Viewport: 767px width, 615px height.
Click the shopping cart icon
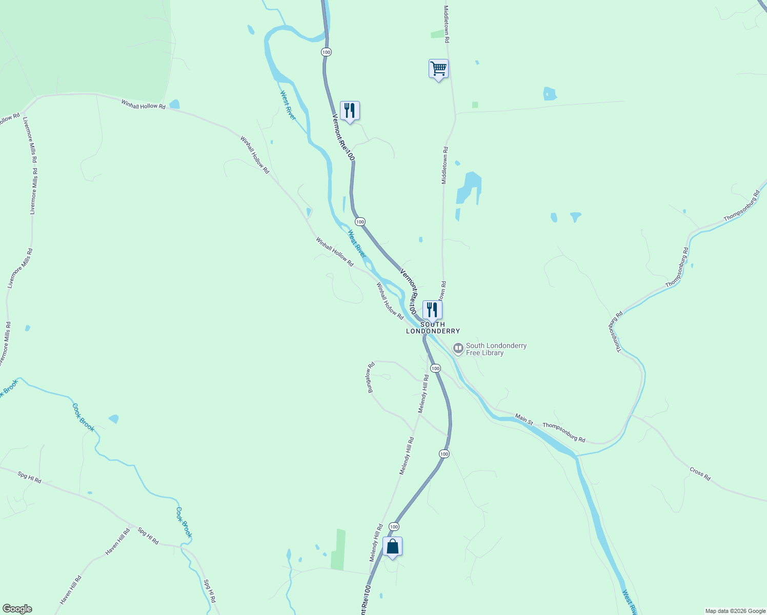(438, 69)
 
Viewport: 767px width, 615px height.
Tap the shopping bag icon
(392, 547)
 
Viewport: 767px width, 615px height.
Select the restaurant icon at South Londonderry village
(432, 310)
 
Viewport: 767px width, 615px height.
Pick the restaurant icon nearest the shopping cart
(350, 111)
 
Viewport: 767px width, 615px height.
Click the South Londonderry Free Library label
(496, 349)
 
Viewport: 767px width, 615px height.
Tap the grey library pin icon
(458, 348)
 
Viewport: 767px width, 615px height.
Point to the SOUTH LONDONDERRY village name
(433, 328)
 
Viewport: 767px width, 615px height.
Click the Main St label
(524, 419)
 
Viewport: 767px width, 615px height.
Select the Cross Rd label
(700, 474)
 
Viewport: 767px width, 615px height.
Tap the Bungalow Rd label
(370, 378)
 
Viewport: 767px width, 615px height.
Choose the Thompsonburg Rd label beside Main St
(563, 432)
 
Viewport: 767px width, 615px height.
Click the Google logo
(17, 609)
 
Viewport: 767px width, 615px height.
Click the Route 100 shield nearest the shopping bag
(394, 526)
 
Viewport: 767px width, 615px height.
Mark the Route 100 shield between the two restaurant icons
(360, 221)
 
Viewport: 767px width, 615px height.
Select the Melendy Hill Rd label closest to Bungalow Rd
(423, 394)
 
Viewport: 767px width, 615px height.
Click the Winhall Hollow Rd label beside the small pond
(144, 104)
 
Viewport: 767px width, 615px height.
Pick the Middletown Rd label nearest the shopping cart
(447, 24)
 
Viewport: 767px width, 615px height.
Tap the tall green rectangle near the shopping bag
(338, 549)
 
